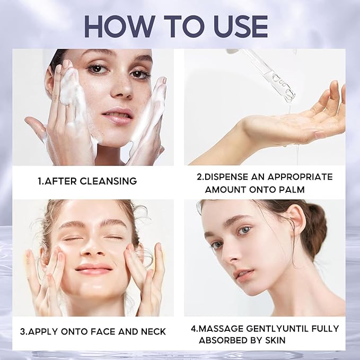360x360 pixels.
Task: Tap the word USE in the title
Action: coord(237,26)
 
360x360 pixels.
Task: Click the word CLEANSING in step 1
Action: coord(108,181)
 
